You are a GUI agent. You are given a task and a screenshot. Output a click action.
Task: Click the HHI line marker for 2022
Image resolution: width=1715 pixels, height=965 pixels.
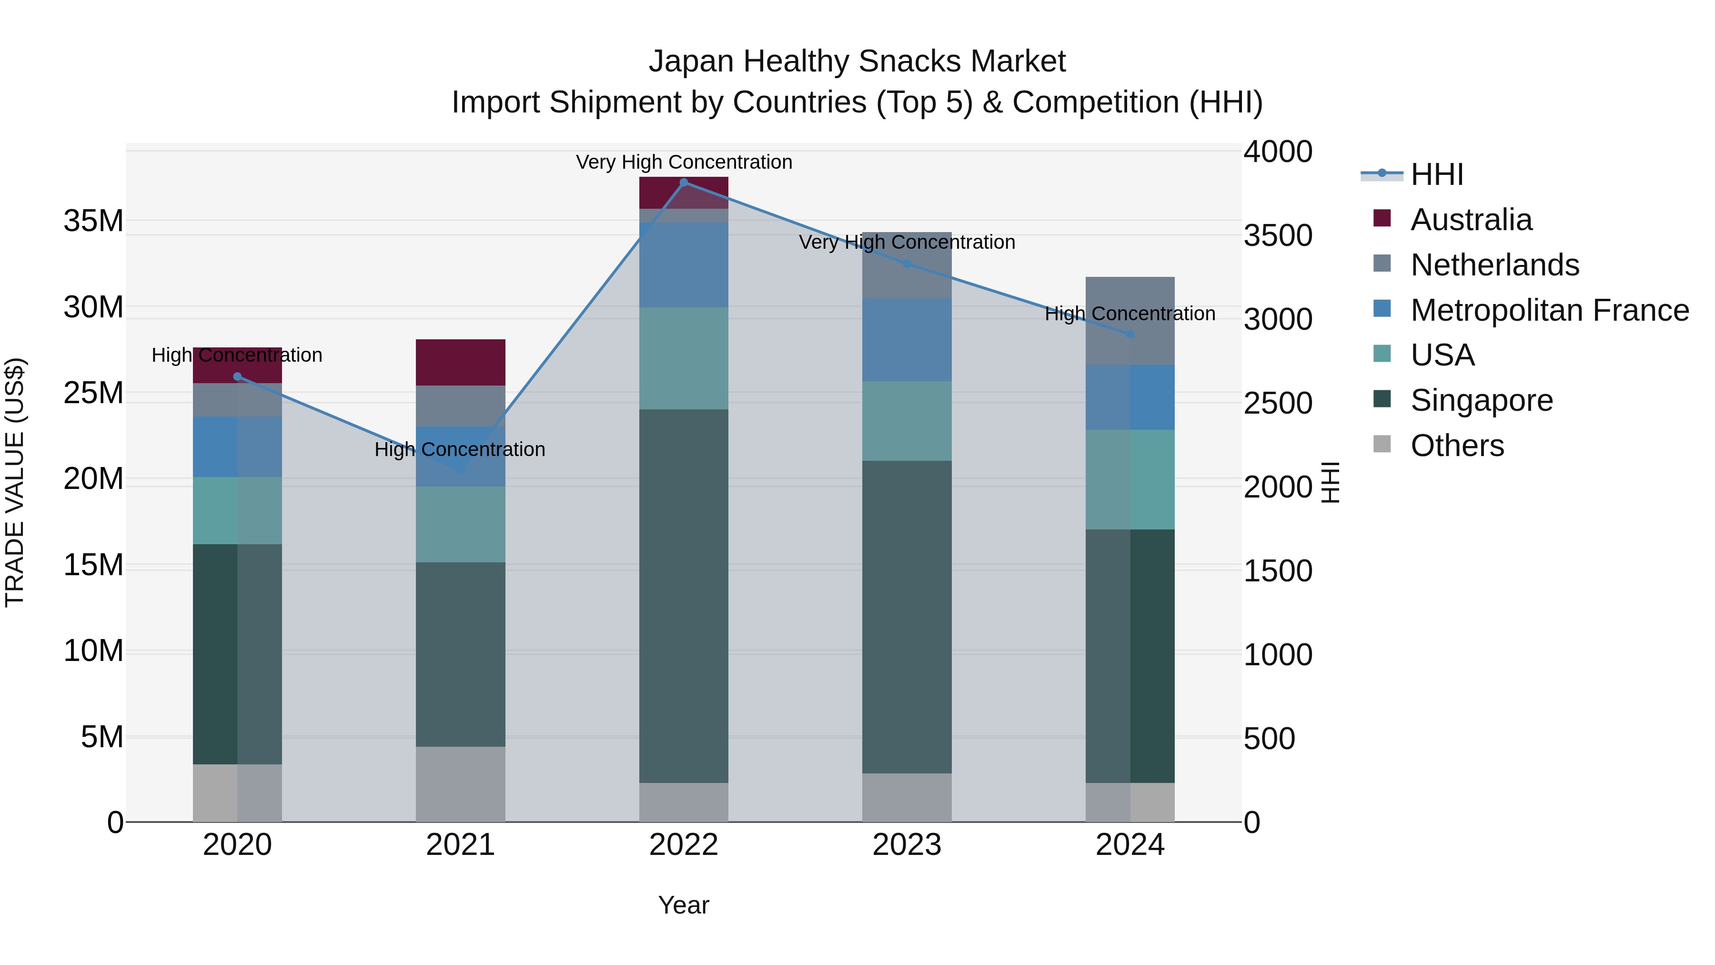(684, 183)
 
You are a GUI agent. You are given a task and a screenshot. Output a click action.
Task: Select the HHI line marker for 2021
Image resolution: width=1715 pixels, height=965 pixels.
(461, 470)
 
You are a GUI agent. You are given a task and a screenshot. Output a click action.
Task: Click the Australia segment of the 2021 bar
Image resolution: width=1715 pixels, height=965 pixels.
(461, 362)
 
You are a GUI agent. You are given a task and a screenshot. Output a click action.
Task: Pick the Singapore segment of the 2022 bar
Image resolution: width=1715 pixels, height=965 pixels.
(684, 596)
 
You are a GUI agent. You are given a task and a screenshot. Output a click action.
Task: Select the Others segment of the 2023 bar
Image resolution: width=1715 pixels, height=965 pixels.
(907, 797)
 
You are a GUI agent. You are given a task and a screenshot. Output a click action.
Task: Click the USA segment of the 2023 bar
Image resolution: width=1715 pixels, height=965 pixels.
(907, 421)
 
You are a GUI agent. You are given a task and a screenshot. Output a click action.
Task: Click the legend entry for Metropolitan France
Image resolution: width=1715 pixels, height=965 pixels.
(1549, 310)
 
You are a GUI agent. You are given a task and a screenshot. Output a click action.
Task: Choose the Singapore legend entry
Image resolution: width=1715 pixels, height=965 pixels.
(1481, 400)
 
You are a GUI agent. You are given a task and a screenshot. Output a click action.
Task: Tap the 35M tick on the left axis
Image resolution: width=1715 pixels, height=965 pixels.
(93, 221)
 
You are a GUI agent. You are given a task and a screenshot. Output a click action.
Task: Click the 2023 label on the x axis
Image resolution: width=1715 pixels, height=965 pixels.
(907, 845)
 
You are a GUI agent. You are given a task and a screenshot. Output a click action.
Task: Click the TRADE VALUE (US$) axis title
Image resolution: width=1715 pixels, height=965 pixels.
(15, 482)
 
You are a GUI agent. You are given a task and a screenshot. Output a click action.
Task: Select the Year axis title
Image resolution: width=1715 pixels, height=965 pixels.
(684, 905)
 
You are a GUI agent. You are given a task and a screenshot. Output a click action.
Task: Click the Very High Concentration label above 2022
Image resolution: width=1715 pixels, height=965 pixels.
(684, 162)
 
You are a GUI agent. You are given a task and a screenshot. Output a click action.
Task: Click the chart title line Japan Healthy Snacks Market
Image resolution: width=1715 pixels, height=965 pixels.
(857, 61)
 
